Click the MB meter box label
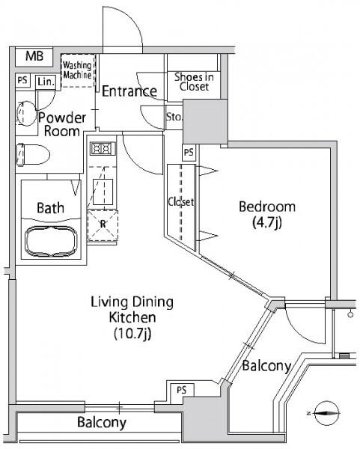pos(34,56)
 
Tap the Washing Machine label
pos(77,70)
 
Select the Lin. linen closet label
pos(46,82)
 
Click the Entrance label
pos(129,91)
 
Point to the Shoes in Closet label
pos(194,82)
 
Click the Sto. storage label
pos(174,117)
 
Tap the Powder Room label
pos(62,124)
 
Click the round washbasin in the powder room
pos(26,114)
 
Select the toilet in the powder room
pos(33,155)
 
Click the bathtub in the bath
pos(51,242)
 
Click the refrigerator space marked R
pos(103,225)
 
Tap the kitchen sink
pos(103,192)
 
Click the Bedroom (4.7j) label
pos(267,215)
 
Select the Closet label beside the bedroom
pos(180,202)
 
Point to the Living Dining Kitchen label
pos(132,317)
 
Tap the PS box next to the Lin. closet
pos(22,80)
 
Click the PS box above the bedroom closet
pos(189,153)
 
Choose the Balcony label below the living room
pos(102,422)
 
